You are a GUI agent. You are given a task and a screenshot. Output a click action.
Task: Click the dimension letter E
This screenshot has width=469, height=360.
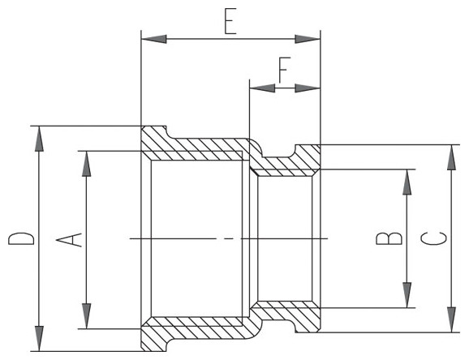230,21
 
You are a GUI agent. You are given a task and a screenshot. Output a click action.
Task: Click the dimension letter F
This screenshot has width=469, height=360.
285,70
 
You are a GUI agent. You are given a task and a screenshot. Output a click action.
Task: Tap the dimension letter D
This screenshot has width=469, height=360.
21,238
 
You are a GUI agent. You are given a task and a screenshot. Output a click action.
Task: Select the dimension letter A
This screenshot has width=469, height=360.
69,240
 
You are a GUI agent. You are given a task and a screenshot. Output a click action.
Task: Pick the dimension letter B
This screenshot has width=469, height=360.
389,238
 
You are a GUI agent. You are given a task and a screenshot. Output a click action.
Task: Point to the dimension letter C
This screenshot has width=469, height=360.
434,238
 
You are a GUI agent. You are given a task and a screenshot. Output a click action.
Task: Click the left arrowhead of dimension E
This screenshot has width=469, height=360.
153,39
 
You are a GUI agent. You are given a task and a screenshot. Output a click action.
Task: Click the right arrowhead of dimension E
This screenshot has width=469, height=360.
308,39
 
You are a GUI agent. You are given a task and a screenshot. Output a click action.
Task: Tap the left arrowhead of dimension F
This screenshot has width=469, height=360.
262,88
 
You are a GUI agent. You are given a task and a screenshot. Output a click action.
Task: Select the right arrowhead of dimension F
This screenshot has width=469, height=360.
308,88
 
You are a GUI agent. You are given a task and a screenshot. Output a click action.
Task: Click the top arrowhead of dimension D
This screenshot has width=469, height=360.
39,139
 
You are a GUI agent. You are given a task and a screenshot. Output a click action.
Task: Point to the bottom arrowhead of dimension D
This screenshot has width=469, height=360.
39,338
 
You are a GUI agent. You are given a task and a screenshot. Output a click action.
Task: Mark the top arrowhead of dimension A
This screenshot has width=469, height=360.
87,164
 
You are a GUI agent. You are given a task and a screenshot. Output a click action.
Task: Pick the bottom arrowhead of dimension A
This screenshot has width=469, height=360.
87,316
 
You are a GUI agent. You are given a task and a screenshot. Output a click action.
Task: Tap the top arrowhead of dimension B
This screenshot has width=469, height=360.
407,182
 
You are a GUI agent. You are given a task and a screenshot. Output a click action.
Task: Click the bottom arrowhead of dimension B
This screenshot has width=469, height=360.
407,295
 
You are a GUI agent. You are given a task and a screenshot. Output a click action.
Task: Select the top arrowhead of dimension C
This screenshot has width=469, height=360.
451,157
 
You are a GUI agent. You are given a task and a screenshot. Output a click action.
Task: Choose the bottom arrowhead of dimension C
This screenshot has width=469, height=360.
451,319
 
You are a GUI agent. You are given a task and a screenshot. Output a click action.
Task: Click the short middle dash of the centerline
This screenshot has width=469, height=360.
229,238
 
